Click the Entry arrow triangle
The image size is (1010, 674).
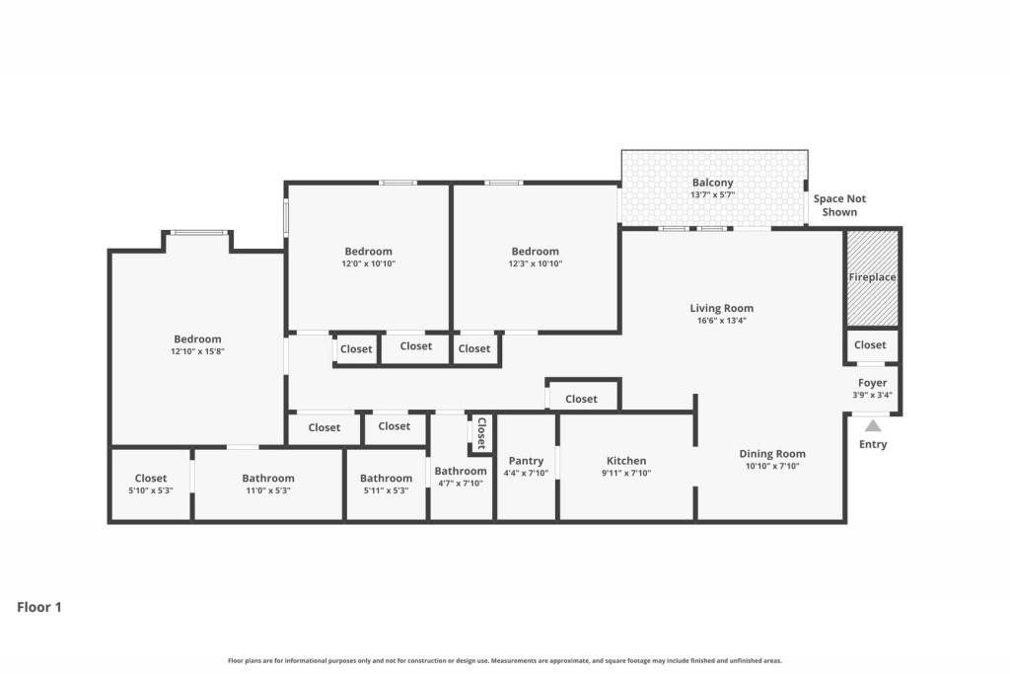tap(872, 426)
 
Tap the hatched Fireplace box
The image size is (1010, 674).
tap(872, 277)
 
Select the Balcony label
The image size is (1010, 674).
tap(712, 183)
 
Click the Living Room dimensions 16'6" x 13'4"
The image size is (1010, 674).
tap(721, 321)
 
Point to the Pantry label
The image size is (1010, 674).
tap(526, 461)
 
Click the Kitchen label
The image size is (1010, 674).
tap(626, 461)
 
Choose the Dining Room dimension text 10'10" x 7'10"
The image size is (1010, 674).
tap(772, 467)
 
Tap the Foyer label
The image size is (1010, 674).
tap(872, 383)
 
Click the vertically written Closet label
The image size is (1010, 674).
tap(481, 433)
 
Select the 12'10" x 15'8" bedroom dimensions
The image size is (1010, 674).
tap(197, 352)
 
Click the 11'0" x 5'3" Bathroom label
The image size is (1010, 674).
tap(268, 479)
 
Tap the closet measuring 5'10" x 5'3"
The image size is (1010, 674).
tap(151, 484)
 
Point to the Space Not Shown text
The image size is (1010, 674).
tap(839, 205)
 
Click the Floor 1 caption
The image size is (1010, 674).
tap(39, 608)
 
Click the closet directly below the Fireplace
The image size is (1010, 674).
tap(870, 345)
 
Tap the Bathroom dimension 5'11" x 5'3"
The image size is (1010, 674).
tap(386, 490)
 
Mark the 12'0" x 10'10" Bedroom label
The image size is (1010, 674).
tap(368, 252)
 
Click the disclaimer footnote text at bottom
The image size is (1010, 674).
tap(505, 661)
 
